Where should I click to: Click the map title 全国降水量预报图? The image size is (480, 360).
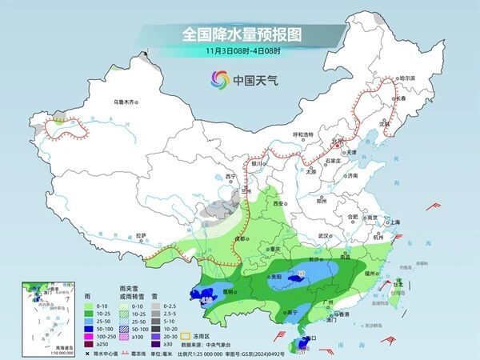tap(239, 34)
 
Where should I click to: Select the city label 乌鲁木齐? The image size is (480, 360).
tap(126, 102)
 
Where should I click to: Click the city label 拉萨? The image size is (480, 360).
tap(141, 234)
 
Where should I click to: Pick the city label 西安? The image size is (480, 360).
tap(278, 205)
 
